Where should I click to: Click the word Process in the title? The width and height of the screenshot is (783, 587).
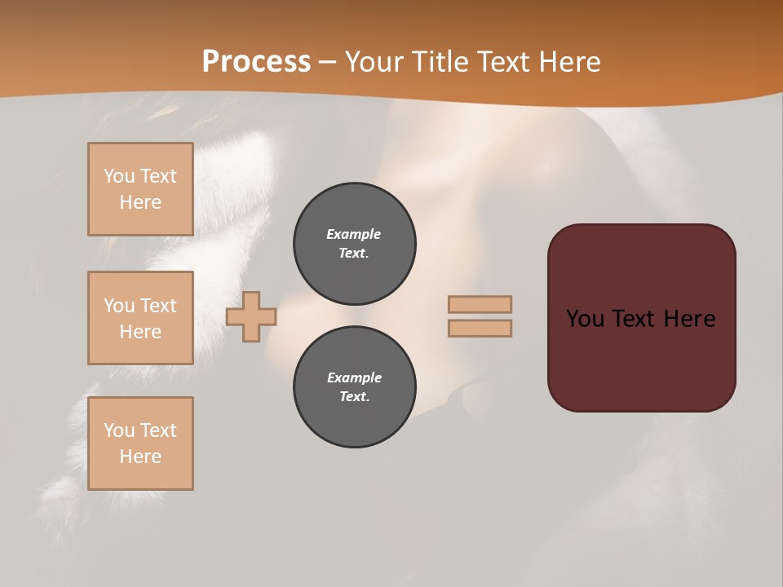coord(256,62)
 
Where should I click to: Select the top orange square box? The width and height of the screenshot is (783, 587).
coord(140,189)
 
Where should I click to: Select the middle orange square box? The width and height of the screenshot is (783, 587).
coord(140,318)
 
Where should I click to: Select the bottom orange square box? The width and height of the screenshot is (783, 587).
coord(140,444)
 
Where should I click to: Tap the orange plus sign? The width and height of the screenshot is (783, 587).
coord(251,316)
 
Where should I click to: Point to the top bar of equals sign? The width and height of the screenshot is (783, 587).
coord(480,304)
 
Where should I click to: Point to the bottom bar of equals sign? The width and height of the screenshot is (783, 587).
coord(480,328)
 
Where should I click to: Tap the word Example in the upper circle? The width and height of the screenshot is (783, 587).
coord(353,234)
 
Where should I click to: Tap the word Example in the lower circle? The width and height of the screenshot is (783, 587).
coord(354,377)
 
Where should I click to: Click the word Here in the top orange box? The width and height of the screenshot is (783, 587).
coord(140,202)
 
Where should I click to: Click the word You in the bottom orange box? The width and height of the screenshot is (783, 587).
coord(119,430)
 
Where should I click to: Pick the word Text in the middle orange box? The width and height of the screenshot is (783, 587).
coord(157,306)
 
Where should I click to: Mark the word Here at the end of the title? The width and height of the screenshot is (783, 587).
coord(569,62)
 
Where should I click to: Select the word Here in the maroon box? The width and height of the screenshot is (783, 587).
coord(689,319)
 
